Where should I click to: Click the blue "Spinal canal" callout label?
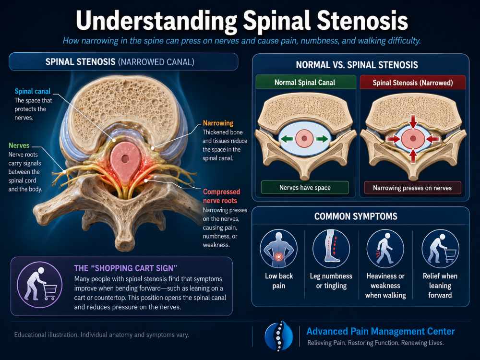33,91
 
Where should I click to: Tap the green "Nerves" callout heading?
19,145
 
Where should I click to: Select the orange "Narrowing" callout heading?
218,123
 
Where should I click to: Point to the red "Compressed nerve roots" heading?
222,196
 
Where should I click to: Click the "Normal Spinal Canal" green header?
305,83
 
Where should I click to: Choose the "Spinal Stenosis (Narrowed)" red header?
413,83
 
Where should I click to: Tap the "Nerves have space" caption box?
305,188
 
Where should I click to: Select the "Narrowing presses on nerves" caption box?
412,188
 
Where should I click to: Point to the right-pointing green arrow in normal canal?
322,139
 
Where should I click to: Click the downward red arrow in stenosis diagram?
413,121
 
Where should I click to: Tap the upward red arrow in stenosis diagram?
413,156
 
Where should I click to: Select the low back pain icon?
278,249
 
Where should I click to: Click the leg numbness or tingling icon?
331,249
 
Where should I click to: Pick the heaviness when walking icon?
385,249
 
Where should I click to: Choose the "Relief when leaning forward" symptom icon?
440,249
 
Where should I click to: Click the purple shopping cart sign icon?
40,285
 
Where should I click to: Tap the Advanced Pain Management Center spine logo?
278,336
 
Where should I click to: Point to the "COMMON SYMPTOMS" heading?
356,216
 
